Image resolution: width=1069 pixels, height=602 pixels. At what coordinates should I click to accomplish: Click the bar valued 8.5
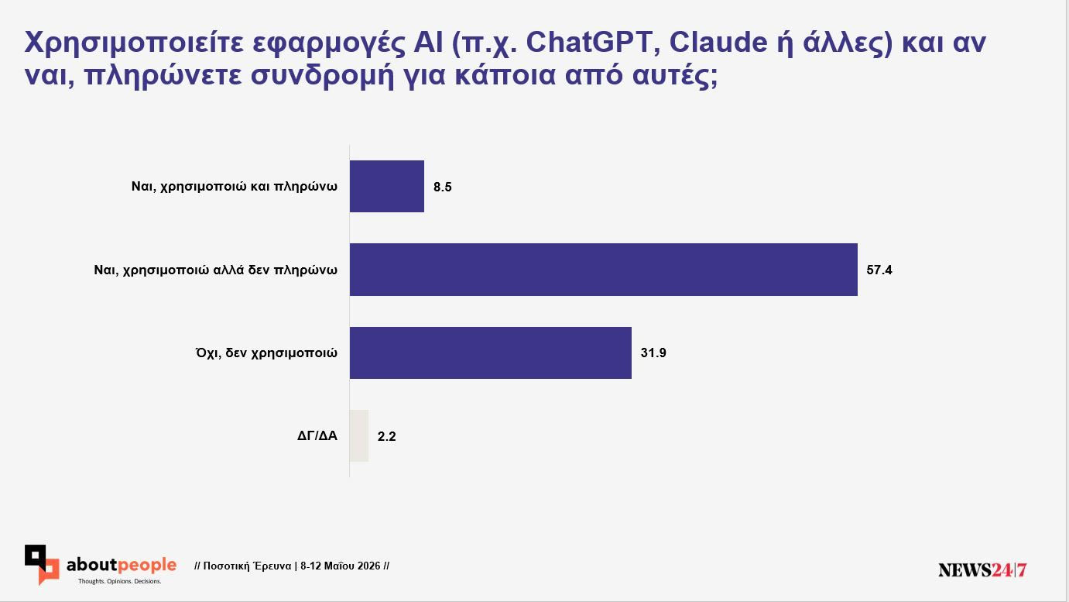click(x=386, y=186)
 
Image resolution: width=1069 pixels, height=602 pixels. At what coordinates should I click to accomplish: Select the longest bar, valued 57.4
click(x=604, y=270)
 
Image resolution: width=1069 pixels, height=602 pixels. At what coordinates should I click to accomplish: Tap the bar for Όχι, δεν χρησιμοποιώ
click(x=491, y=353)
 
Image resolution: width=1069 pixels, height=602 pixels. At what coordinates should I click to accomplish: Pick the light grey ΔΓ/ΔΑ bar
click(x=359, y=435)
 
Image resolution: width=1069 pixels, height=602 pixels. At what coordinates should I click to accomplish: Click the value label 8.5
click(x=443, y=187)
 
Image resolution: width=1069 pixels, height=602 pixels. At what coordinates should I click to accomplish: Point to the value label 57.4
click(x=879, y=270)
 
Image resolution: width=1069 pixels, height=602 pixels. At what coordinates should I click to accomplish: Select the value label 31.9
click(x=653, y=353)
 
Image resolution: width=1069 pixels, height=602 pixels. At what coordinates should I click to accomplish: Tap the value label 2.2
click(x=386, y=436)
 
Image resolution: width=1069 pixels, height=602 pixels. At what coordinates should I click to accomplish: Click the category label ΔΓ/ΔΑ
click(x=317, y=435)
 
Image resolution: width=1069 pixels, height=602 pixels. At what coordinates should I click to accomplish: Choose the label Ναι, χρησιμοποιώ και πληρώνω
click(x=235, y=186)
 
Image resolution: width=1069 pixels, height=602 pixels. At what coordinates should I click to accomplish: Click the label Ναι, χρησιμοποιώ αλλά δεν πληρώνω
click(x=216, y=270)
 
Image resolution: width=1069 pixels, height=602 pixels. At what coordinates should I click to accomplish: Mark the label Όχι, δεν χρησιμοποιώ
click(x=266, y=353)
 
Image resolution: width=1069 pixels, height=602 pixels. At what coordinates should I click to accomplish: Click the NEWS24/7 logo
click(x=982, y=569)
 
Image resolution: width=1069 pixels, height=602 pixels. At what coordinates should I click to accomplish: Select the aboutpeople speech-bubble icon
click(x=42, y=565)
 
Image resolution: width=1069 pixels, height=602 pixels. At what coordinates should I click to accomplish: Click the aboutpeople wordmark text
click(x=122, y=566)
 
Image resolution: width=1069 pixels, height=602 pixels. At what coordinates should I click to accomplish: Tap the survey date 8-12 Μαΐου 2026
click(x=341, y=566)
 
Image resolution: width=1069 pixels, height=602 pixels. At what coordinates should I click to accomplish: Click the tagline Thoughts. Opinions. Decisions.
click(x=120, y=581)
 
